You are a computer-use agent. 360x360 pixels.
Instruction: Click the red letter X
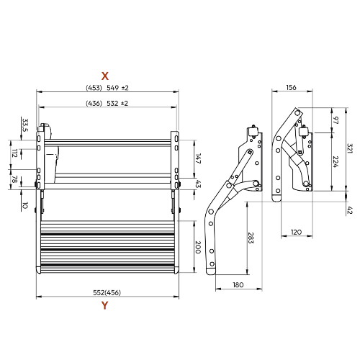105,76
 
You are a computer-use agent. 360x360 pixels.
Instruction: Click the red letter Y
104,305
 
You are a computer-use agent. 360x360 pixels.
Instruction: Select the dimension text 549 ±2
117,88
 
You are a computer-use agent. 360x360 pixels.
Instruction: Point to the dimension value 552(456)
107,292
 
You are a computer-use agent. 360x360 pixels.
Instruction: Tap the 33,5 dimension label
25,125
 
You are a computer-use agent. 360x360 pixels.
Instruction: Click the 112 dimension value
15,153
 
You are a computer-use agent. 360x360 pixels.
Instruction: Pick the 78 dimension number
14,179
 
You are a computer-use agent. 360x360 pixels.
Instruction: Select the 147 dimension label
198,158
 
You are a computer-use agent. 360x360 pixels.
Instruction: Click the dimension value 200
197,247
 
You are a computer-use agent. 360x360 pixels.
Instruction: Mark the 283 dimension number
251,238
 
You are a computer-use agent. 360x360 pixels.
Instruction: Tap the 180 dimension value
238,285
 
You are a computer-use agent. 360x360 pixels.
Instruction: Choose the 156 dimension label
291,88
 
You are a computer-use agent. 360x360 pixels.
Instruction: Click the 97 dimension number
336,120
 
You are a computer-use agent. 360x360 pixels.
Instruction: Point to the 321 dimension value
350,148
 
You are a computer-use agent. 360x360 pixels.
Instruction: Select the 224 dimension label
336,162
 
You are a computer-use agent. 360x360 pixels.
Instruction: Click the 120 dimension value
296,233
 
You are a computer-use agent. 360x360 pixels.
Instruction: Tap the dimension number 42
350,210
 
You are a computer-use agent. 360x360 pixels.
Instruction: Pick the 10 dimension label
25,205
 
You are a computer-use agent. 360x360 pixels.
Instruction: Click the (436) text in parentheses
94,104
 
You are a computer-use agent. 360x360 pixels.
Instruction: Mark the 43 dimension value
198,184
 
